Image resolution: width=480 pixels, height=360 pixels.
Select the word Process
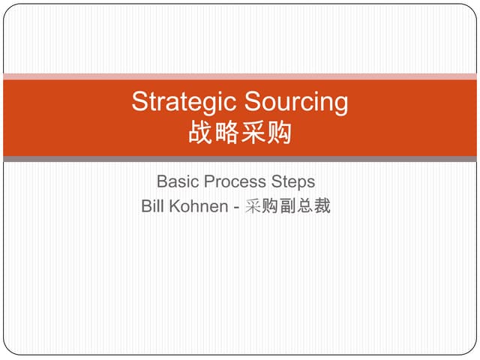pos(236,182)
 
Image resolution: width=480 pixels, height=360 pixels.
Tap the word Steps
pos(294,182)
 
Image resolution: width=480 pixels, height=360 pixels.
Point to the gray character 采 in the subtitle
pos(253,206)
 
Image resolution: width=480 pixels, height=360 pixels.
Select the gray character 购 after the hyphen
pos(270,206)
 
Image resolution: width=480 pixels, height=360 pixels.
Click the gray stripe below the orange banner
pos(240,159)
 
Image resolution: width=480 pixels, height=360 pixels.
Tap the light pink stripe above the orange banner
pos(240,76)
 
